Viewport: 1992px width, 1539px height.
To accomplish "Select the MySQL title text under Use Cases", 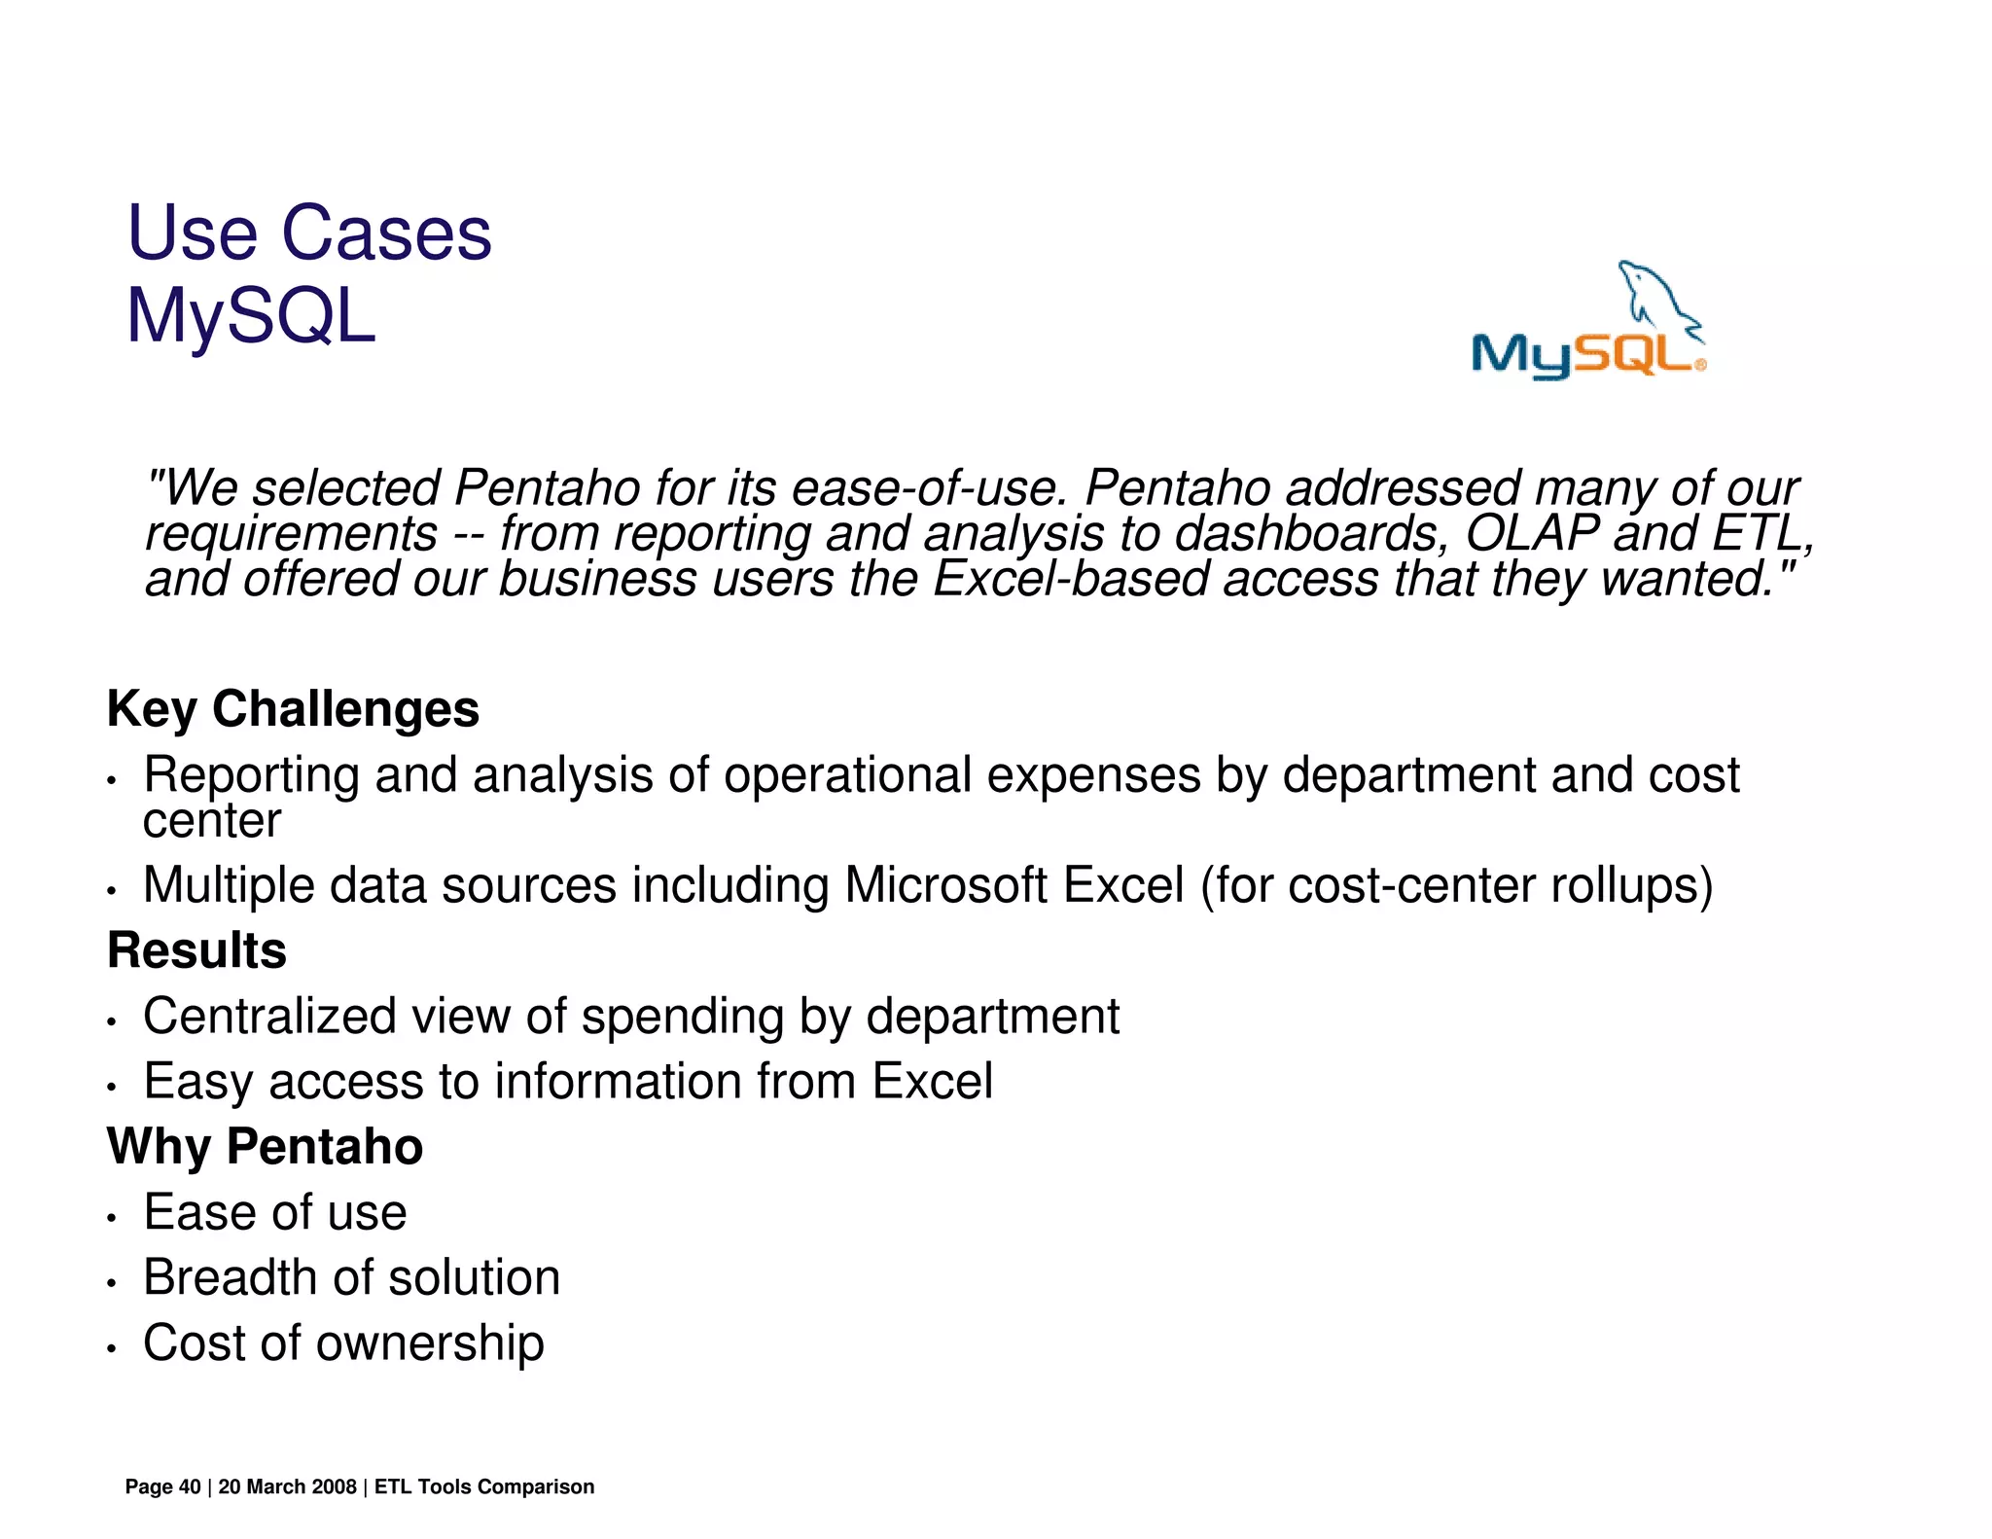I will (x=251, y=316).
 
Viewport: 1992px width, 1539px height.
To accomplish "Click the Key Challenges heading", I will (x=293, y=708).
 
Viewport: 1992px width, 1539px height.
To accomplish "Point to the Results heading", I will (x=196, y=949).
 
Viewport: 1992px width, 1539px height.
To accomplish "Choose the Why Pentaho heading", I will (x=265, y=1146).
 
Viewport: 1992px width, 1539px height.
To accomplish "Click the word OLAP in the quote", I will (x=1533, y=533).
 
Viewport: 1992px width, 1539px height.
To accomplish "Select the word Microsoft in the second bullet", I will (x=945, y=885).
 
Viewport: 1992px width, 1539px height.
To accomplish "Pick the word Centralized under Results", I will (x=269, y=1016).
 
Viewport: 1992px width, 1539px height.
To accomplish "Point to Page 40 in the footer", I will (x=162, y=1486).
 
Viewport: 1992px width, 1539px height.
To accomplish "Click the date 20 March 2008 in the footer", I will (x=287, y=1486).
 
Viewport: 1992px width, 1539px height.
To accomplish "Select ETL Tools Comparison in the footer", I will (x=483, y=1486).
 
